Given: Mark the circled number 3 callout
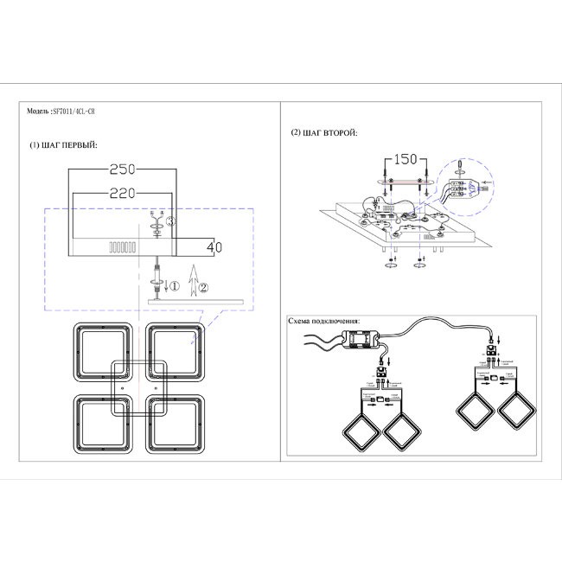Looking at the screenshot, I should pos(171,222).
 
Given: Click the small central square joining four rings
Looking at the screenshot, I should pos(140,386).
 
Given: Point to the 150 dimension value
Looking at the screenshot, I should pos(403,161).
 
